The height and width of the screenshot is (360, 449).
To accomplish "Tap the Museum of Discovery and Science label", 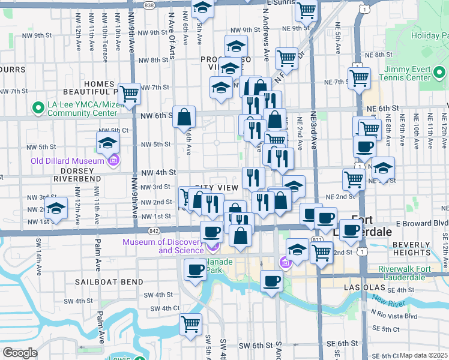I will [163, 246].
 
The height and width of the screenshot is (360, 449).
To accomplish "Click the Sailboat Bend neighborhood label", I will [99, 281].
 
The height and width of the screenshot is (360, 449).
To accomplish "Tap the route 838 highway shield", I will [149, 5].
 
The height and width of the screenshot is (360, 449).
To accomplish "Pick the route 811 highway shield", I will [316, 239].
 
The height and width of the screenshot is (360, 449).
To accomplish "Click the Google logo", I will [20, 352].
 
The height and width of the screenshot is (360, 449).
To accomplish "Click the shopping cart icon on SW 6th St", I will [190, 325].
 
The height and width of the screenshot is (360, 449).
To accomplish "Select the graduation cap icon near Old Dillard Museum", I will [107, 143].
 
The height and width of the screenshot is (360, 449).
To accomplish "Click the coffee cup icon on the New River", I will [271, 281].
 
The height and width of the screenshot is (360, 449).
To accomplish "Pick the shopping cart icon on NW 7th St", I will [130, 94].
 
